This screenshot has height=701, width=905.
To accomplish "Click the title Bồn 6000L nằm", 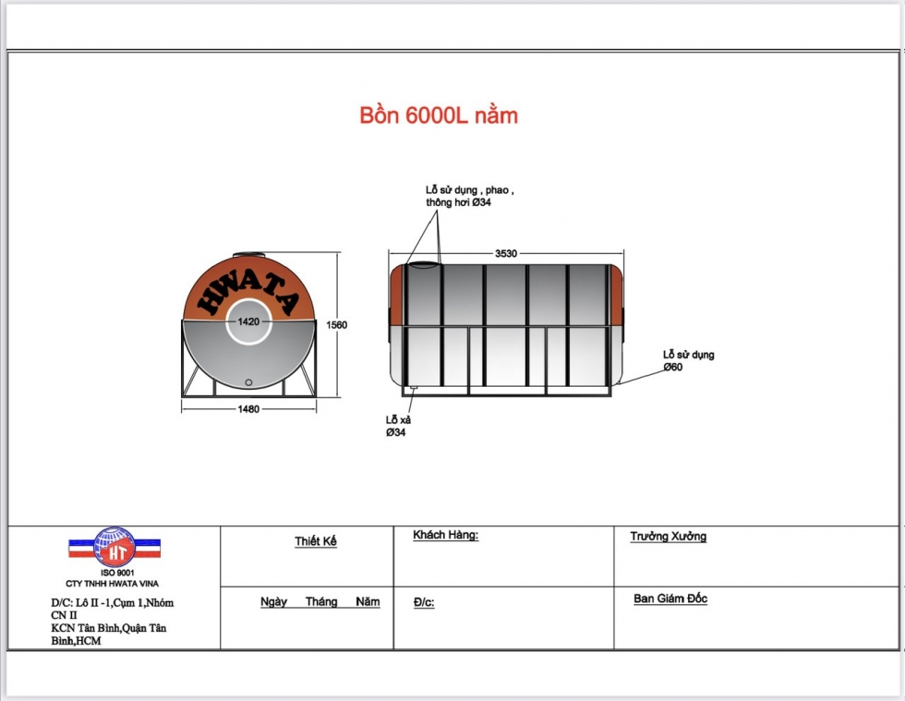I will pos(439,116).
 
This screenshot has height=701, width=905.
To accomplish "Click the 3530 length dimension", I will pos(506,253).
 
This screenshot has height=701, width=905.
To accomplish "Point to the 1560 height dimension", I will pos(336,324).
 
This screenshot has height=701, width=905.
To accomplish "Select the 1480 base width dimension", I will pos(248,409).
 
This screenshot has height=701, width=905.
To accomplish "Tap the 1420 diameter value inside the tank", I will pos(248,321).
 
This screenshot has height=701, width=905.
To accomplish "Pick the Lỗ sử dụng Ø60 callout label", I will pos(688,360).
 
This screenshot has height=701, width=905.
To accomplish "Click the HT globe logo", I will pos(115,547).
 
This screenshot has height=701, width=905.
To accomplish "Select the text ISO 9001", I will pos(115,573).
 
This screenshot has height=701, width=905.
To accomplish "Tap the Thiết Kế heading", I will pos(316,541).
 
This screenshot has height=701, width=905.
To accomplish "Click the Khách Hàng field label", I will pos(445,536).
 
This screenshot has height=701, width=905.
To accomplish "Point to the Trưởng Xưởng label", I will pos(668,537).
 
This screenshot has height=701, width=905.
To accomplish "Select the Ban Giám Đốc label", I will pos(670,598).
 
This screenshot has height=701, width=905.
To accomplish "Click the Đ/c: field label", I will pos(424,602).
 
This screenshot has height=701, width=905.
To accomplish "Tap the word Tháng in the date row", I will pos(320,602).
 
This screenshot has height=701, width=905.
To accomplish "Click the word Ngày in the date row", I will pos(274,602).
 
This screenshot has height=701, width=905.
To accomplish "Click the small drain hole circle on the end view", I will pos(248,381).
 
